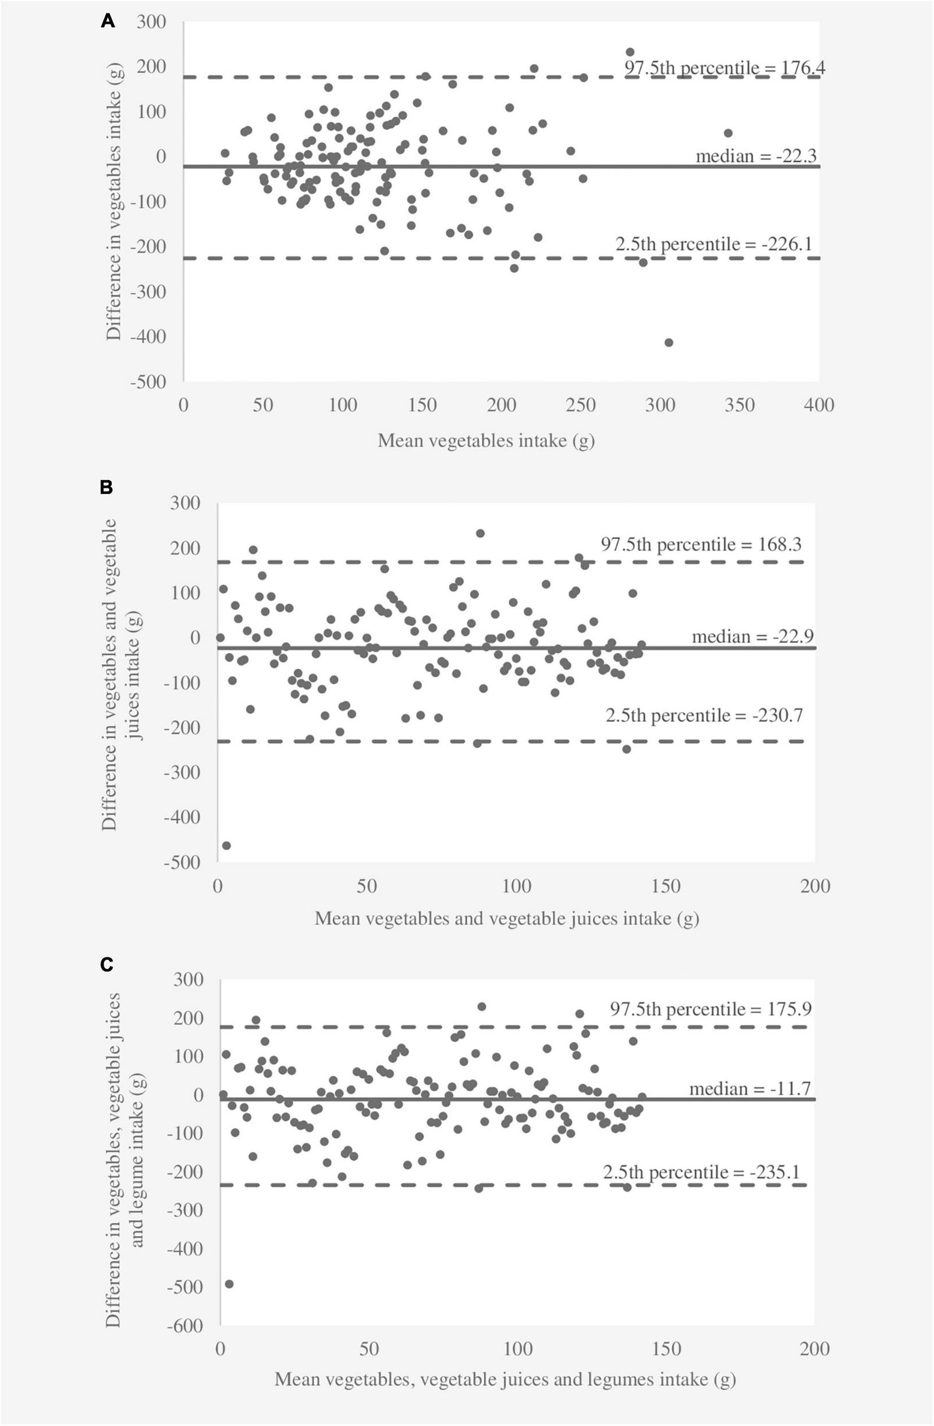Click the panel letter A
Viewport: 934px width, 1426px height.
[108, 22]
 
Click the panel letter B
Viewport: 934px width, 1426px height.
[106, 487]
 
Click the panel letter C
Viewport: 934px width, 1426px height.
[106, 964]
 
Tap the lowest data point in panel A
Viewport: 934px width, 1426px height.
[669, 342]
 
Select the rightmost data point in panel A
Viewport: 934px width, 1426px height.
[728, 133]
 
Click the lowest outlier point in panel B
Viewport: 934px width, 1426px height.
[226, 845]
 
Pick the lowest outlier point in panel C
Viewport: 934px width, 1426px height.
[229, 1283]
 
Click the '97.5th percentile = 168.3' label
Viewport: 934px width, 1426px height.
[701, 545]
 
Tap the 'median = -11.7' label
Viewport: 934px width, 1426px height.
[750, 1088]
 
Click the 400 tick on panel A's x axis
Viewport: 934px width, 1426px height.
[818, 405]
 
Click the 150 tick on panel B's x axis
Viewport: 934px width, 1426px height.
[666, 886]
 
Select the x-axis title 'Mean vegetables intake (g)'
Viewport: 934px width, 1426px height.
[486, 441]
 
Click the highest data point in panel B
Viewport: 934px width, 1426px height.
[480, 533]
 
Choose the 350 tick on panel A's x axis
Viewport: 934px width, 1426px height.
[739, 405]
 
